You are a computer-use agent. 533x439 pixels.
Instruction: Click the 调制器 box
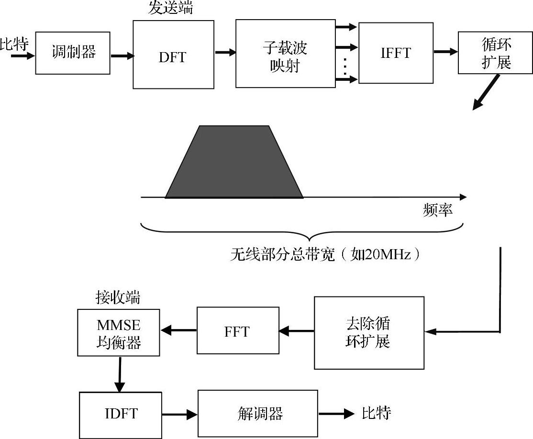[73, 53]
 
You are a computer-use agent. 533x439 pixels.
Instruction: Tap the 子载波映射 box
[285, 54]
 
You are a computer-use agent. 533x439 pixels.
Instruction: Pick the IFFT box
[395, 52]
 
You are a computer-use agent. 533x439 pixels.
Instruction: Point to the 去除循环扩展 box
[369, 333]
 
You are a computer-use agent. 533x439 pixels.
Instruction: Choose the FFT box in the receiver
[238, 331]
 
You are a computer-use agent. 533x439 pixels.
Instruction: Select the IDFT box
[121, 414]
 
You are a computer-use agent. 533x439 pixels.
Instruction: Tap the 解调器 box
[258, 414]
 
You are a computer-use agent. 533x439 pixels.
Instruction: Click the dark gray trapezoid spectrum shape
[234, 163]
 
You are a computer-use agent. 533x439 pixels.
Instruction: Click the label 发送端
[171, 8]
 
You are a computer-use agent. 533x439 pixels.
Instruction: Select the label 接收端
[118, 298]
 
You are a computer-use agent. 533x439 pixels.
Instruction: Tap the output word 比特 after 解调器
[376, 413]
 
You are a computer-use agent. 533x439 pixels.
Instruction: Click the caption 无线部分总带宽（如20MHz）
[325, 254]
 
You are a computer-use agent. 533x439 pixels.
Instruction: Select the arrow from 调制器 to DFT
[122, 56]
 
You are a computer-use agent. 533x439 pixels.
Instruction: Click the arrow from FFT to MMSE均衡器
[178, 330]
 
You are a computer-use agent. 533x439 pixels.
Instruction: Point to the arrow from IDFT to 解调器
[180, 414]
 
